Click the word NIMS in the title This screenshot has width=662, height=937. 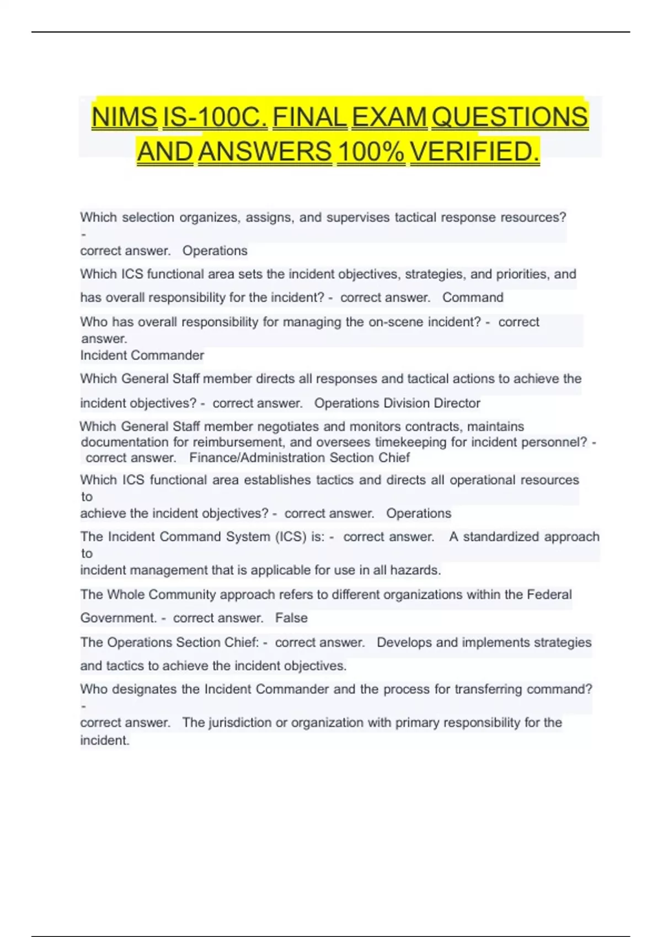[x=124, y=117]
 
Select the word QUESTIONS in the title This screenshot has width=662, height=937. [x=510, y=117]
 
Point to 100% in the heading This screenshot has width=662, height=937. [x=371, y=152]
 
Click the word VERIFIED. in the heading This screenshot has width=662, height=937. [x=474, y=152]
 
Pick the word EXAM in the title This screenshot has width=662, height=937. [x=389, y=117]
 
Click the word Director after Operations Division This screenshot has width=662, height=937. [x=457, y=403]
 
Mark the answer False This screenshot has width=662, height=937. [x=291, y=618]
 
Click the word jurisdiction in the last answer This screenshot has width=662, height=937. [x=240, y=723]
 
